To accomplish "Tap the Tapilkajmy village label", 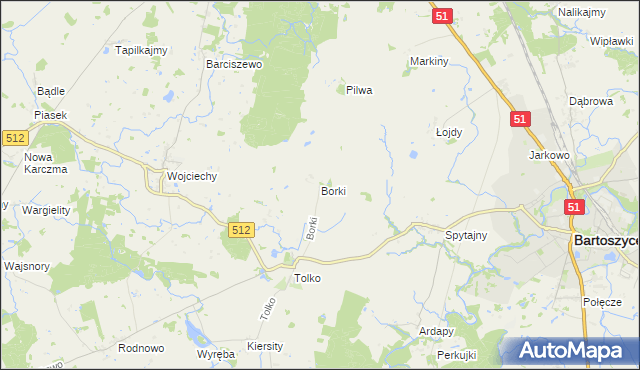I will pyautogui.click(x=141, y=50).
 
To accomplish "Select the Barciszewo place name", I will pyautogui.click(x=233, y=63).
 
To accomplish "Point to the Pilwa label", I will pyautogui.click(x=359, y=90).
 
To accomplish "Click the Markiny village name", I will pyautogui.click(x=429, y=61).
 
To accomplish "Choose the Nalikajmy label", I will pyautogui.click(x=586, y=11).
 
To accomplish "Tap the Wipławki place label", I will pyautogui.click(x=611, y=41).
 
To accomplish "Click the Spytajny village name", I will pyautogui.click(x=465, y=236).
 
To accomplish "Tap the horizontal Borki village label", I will pyautogui.click(x=333, y=190).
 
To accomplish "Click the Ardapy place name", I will pyautogui.click(x=437, y=331).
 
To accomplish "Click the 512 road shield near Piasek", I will pyautogui.click(x=15, y=139).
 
